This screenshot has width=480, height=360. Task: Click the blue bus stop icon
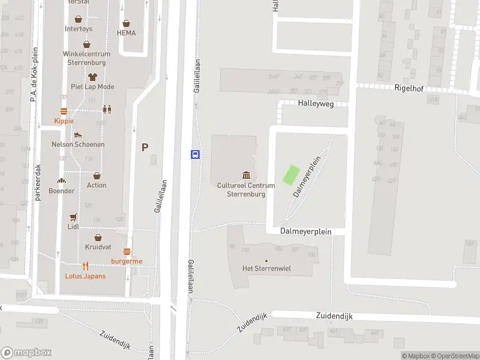click(x=196, y=154)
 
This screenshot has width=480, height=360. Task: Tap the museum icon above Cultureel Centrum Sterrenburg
click(x=246, y=175)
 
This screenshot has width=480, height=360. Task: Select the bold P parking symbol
click(x=145, y=147)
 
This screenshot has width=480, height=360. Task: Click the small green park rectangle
click(x=291, y=175)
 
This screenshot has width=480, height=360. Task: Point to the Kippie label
click(x=64, y=121)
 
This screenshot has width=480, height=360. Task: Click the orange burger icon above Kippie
click(x=64, y=111)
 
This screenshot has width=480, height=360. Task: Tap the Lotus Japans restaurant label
click(x=85, y=276)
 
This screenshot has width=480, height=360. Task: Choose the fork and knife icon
click(x=86, y=266)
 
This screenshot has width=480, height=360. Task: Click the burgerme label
click(x=127, y=261)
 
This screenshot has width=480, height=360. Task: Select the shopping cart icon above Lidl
click(x=73, y=217)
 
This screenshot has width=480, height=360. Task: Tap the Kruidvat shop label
click(x=98, y=247)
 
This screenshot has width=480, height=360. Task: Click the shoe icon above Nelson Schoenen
click(x=78, y=135)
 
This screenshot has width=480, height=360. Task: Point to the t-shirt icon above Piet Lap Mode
click(x=92, y=77)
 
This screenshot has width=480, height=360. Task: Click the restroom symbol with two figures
click(x=107, y=109)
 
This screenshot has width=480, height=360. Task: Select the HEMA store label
click(x=126, y=33)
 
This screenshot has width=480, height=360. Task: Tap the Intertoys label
click(x=79, y=29)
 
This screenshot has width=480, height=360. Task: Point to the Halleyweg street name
click(x=316, y=103)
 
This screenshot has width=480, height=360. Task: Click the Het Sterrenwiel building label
click(x=266, y=268)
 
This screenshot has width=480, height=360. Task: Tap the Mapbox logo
click(x=26, y=353)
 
